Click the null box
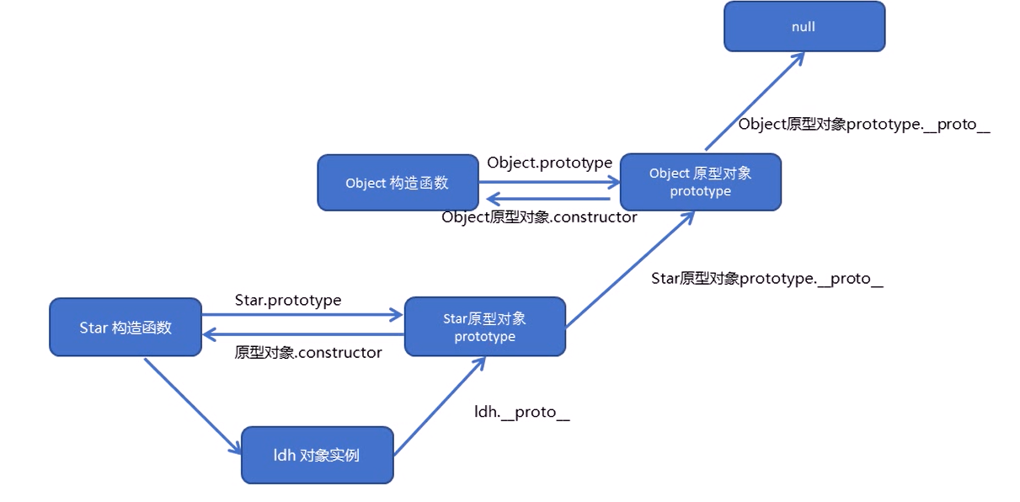click(x=804, y=27)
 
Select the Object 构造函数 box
click(x=398, y=183)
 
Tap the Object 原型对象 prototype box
click(x=700, y=182)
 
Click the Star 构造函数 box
click(x=125, y=327)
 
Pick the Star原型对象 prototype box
click(x=484, y=327)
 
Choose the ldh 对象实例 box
click(x=317, y=455)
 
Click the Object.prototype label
click(x=549, y=163)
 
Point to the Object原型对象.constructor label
click(x=539, y=217)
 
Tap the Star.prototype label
click(x=288, y=300)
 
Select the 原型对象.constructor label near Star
click(x=308, y=353)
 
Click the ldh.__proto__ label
click(x=522, y=413)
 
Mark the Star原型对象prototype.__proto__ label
click(x=766, y=279)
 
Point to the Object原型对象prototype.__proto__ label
click(x=864, y=125)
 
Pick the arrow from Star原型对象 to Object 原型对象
click(x=630, y=269)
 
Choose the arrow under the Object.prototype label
click(x=549, y=176)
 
